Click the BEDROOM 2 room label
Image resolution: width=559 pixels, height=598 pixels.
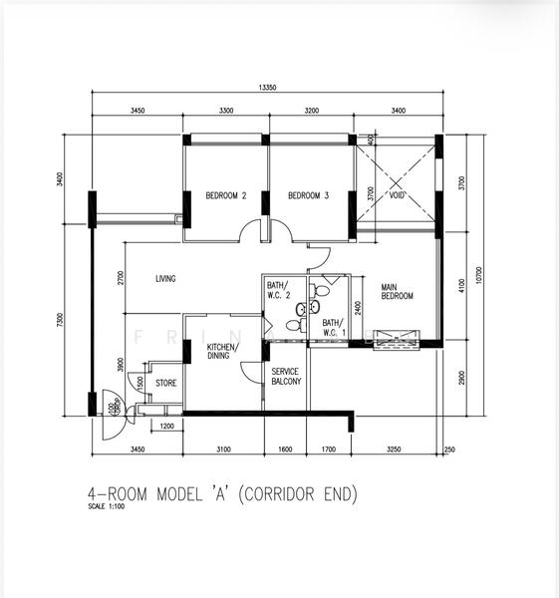[x=225, y=195]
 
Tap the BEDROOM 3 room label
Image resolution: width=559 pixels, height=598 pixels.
[x=308, y=195]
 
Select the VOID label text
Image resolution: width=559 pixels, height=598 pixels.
[x=397, y=195]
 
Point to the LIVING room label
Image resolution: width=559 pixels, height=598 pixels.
[x=165, y=279]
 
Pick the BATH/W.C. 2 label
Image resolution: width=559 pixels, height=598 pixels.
[x=278, y=291]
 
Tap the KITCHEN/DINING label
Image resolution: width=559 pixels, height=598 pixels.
[x=221, y=351]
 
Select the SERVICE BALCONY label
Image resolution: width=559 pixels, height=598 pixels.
[x=286, y=376]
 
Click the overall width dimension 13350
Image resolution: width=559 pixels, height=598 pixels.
[x=267, y=88]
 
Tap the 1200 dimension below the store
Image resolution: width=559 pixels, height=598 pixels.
[x=166, y=427]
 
